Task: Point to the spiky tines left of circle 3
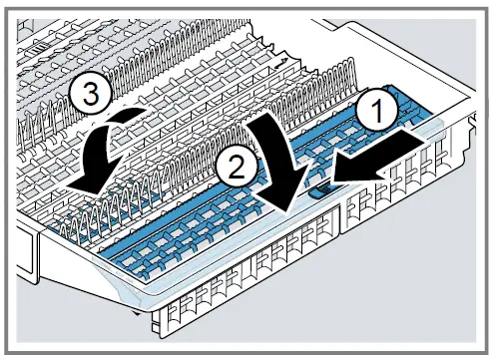click(x=40, y=110)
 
